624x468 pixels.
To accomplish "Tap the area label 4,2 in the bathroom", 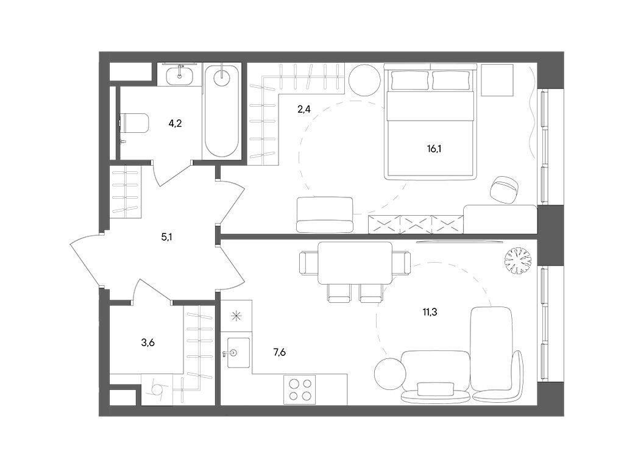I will coord(175,124).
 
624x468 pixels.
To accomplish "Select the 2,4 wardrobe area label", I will coord(303,110).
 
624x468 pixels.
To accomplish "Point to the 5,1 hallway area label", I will coord(166,236).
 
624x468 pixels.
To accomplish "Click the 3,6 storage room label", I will coord(148,342).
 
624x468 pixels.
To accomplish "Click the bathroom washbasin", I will coord(180,75).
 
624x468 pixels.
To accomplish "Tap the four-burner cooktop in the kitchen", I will coord(300,389).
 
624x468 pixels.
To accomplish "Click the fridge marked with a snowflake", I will coord(236,316).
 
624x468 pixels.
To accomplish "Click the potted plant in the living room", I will coord(518,261).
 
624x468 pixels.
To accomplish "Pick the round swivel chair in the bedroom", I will coord(505,189).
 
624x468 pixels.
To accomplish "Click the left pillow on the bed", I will coord(410,80).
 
